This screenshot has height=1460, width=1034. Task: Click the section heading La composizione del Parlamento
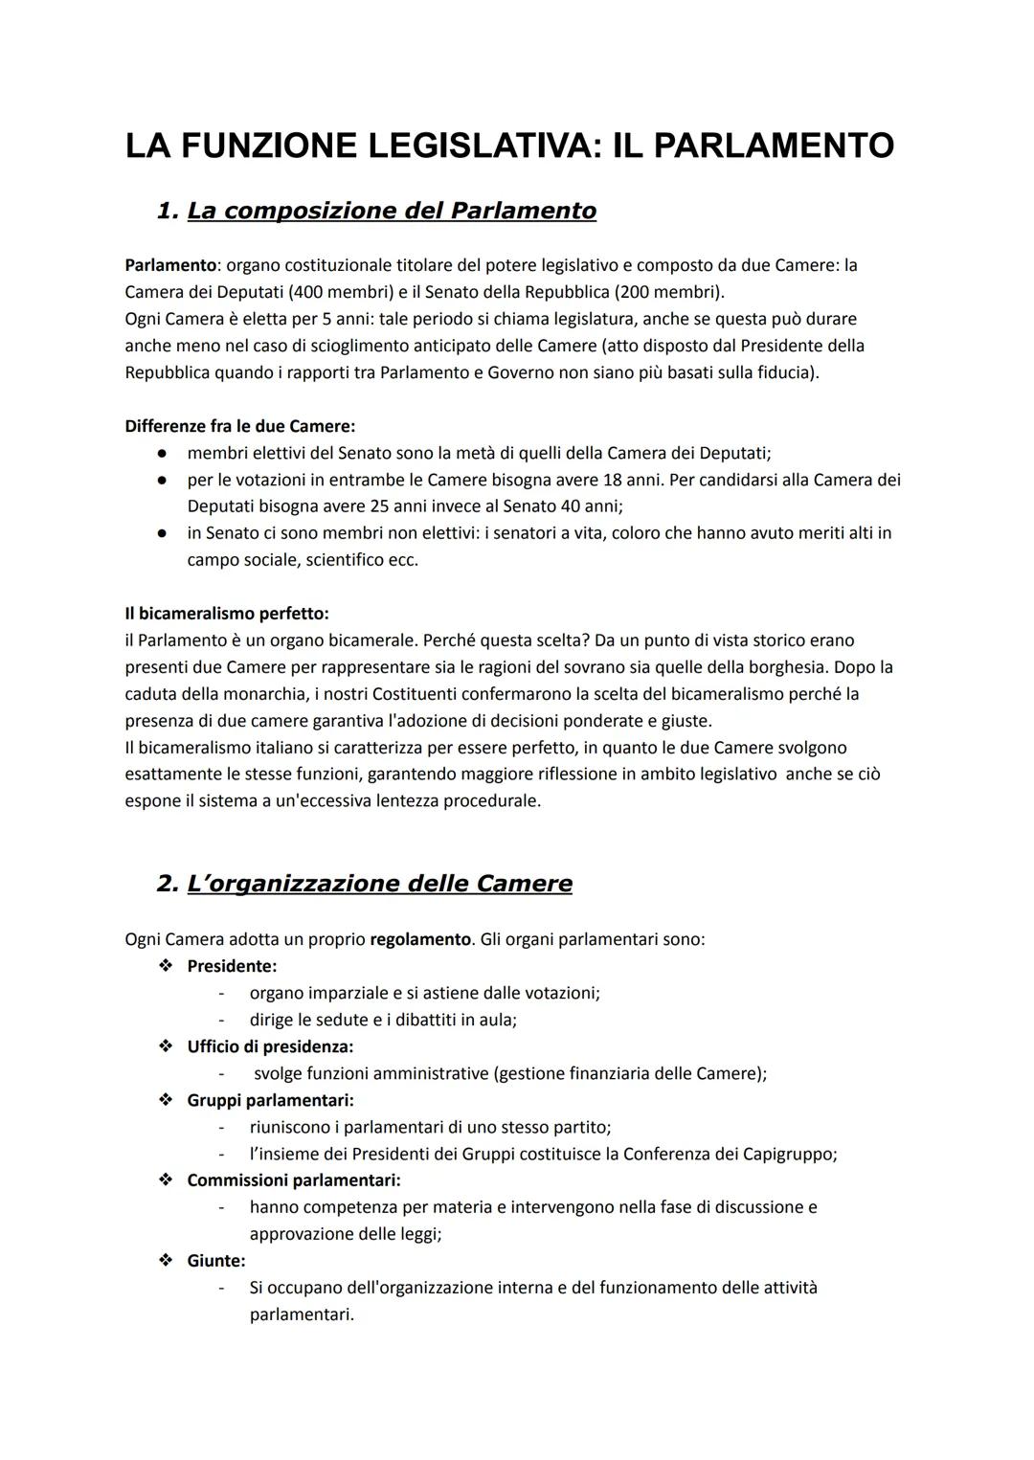click(x=391, y=211)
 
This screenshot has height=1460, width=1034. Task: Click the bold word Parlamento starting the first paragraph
click(x=169, y=265)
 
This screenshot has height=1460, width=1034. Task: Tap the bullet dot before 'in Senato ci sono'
click(x=165, y=533)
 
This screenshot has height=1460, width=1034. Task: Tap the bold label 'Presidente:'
click(x=232, y=966)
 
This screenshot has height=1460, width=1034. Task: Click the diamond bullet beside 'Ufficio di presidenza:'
click(x=166, y=1046)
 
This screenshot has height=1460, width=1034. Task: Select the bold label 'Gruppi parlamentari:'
click(x=270, y=1100)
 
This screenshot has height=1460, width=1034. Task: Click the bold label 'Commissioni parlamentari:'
click(x=293, y=1180)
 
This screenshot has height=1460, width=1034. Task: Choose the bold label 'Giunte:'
click(x=216, y=1261)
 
